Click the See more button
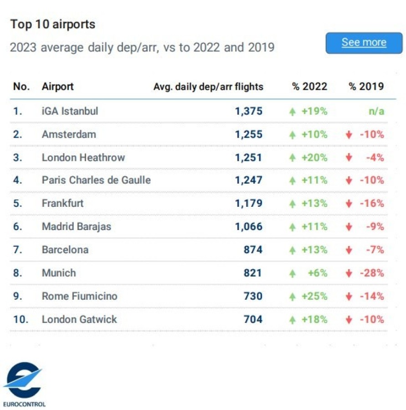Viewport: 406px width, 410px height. (364, 43)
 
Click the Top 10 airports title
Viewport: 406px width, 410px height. (53, 24)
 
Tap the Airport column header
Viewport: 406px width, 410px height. (57, 87)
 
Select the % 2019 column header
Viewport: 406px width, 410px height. (366, 87)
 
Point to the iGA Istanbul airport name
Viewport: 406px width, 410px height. (70, 111)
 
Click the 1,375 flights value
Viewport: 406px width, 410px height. (249, 111)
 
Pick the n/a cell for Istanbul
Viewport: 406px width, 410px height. (376, 111)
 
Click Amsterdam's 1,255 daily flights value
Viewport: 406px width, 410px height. (249, 134)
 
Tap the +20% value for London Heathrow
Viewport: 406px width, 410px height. (314, 158)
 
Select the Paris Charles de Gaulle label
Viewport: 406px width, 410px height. (96, 180)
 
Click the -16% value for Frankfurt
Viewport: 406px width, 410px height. (372, 203)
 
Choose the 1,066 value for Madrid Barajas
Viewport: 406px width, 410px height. (249, 226)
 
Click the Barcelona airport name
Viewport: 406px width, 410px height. (65, 250)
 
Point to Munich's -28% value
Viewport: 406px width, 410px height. (372, 273)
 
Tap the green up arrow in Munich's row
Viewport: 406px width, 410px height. (293, 273)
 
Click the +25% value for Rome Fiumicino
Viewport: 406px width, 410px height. (314, 296)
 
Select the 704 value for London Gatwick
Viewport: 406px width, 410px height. (253, 319)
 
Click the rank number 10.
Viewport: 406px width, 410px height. (21, 319)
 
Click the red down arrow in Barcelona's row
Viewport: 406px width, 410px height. (349, 250)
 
